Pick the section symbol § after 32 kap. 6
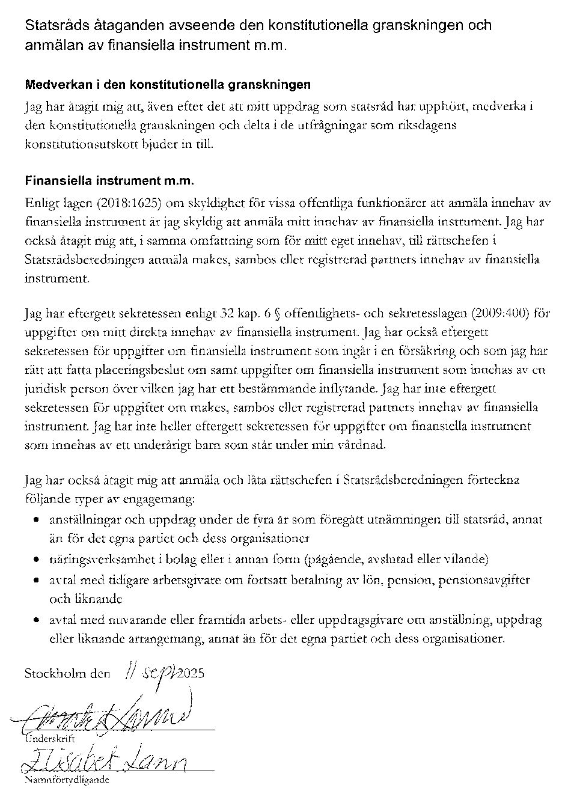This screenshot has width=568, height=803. pyautogui.click(x=277, y=313)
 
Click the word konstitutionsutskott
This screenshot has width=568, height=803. pyautogui.click(x=77, y=145)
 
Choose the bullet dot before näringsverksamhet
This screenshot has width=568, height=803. pyautogui.click(x=38, y=560)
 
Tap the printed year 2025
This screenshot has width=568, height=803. pyautogui.click(x=191, y=673)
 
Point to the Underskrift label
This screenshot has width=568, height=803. pyautogui.click(x=50, y=739)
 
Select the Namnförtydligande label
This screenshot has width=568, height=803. pyautogui.click(x=66, y=780)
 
